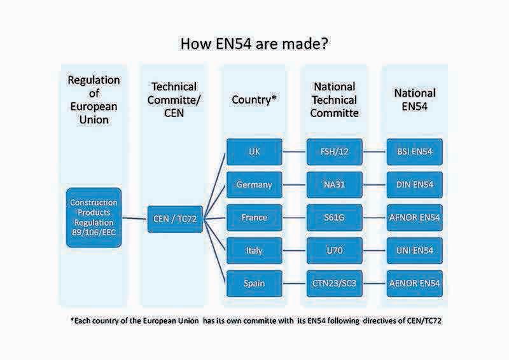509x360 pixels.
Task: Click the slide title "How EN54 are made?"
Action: (x=254, y=44)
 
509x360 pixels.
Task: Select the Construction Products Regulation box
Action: (x=94, y=217)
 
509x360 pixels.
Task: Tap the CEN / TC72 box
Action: (x=174, y=218)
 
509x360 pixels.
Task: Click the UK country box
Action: (x=254, y=151)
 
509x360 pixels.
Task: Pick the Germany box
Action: (x=254, y=184)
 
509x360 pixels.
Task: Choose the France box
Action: (x=254, y=218)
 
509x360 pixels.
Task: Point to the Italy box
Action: (x=254, y=251)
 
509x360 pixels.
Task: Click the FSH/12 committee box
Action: (x=334, y=151)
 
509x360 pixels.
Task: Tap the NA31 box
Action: (x=334, y=184)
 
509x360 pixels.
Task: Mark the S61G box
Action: (x=334, y=218)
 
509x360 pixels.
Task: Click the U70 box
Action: (x=334, y=251)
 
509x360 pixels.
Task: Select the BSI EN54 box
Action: (x=414, y=151)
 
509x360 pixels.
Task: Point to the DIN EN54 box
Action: (x=414, y=184)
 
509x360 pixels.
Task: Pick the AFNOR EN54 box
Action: (x=414, y=218)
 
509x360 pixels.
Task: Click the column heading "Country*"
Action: (x=254, y=99)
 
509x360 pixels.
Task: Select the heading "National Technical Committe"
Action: (x=334, y=99)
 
